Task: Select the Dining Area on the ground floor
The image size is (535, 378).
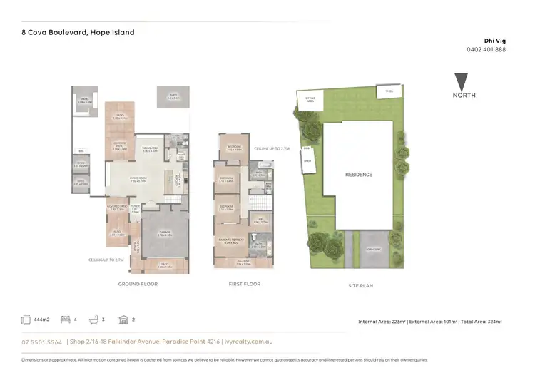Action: [149, 150]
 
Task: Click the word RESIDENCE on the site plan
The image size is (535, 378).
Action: [358, 175]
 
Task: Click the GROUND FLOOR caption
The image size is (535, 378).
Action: [137, 284]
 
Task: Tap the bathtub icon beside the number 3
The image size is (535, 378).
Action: [95, 320]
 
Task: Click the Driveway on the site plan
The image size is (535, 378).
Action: [370, 249]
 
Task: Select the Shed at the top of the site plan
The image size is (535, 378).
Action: [389, 91]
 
